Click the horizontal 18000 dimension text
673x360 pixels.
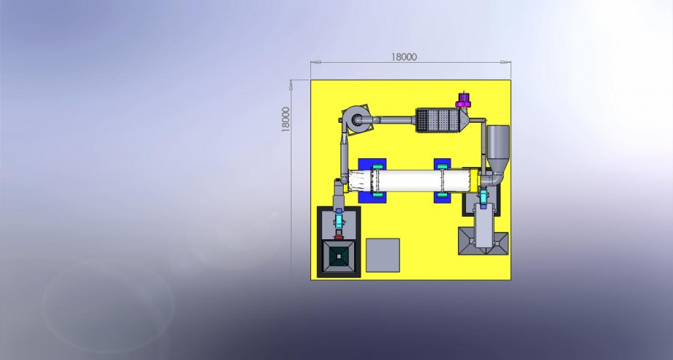(403, 57)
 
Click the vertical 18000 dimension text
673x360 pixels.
(286, 120)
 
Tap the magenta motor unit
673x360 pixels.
(463, 101)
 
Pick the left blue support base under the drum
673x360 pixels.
(372, 180)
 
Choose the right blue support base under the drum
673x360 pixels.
(442, 180)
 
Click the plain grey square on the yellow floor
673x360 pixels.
(383, 255)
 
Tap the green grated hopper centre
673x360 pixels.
(339, 257)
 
